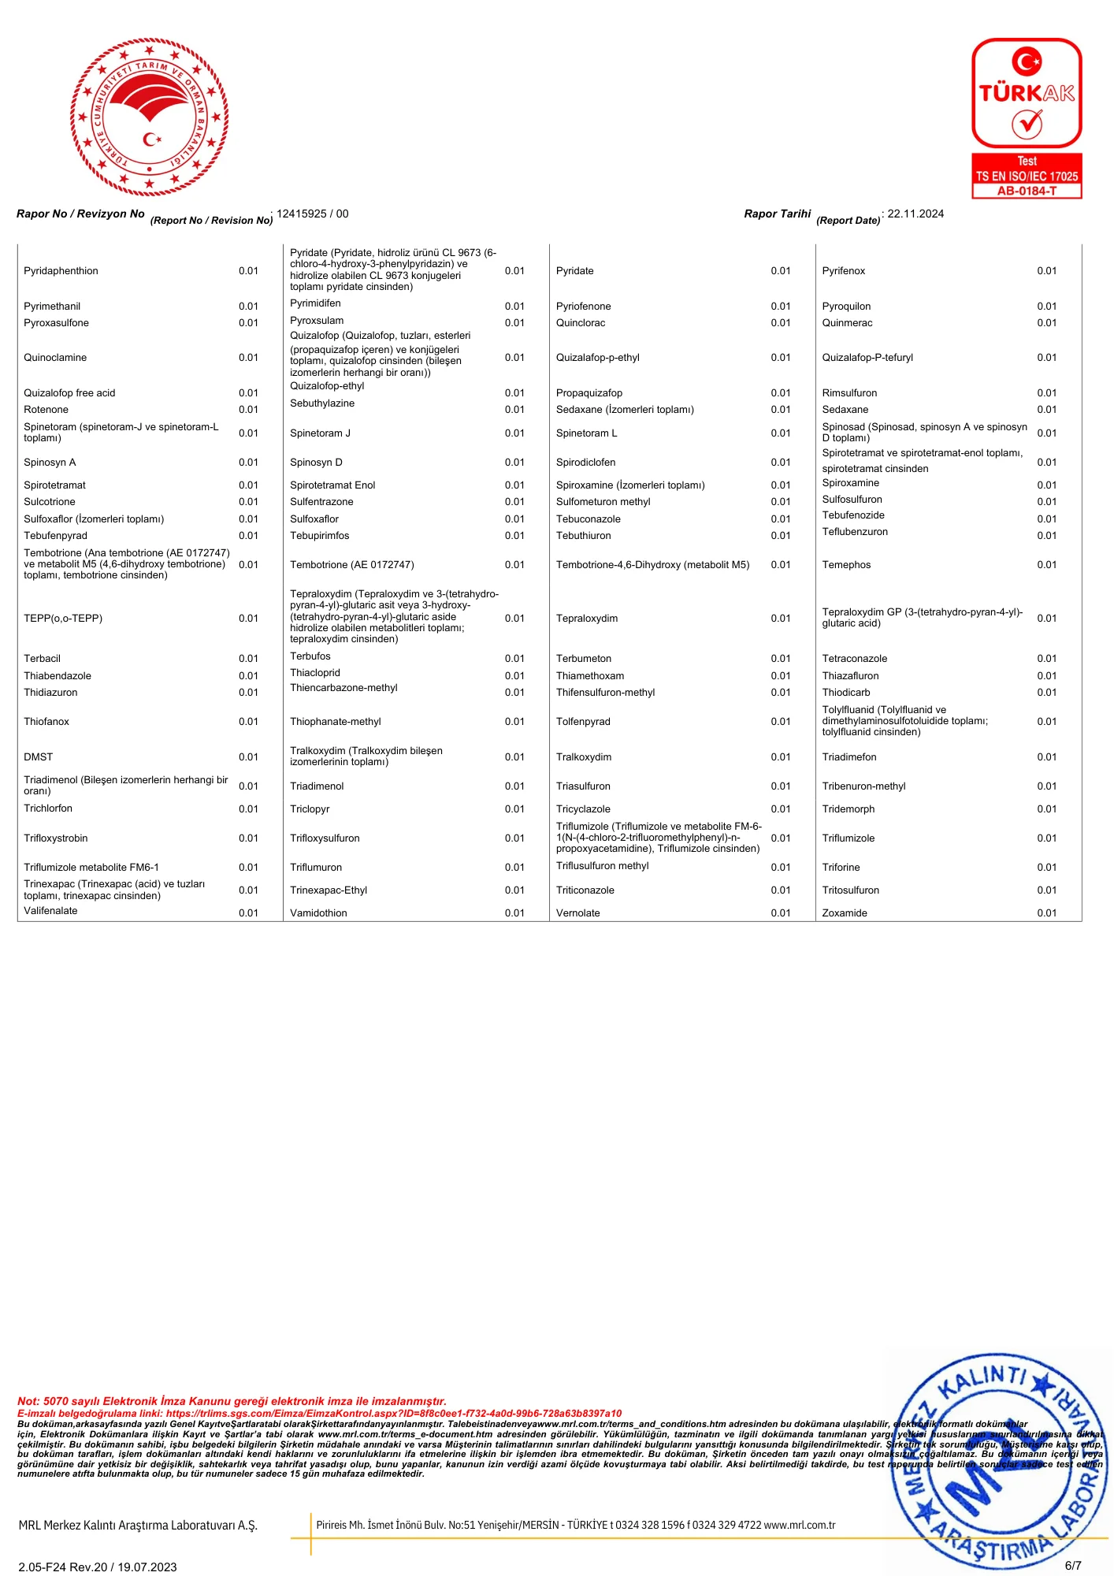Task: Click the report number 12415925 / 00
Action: point(312,214)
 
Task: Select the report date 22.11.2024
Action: point(915,214)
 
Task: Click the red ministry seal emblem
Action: point(150,117)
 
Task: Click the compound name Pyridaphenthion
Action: point(61,271)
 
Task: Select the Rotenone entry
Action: point(46,410)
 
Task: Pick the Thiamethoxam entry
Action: point(590,676)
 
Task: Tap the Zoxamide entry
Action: point(845,913)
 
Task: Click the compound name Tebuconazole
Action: point(589,519)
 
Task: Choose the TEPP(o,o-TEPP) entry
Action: point(63,619)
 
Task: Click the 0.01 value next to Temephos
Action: point(1046,565)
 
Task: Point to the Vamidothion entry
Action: point(318,913)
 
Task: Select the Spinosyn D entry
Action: point(316,463)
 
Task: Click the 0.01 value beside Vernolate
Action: point(780,913)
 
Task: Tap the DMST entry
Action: point(38,757)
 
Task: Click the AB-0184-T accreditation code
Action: point(1027,191)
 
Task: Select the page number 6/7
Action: point(1073,1566)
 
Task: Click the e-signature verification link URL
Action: point(394,1414)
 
